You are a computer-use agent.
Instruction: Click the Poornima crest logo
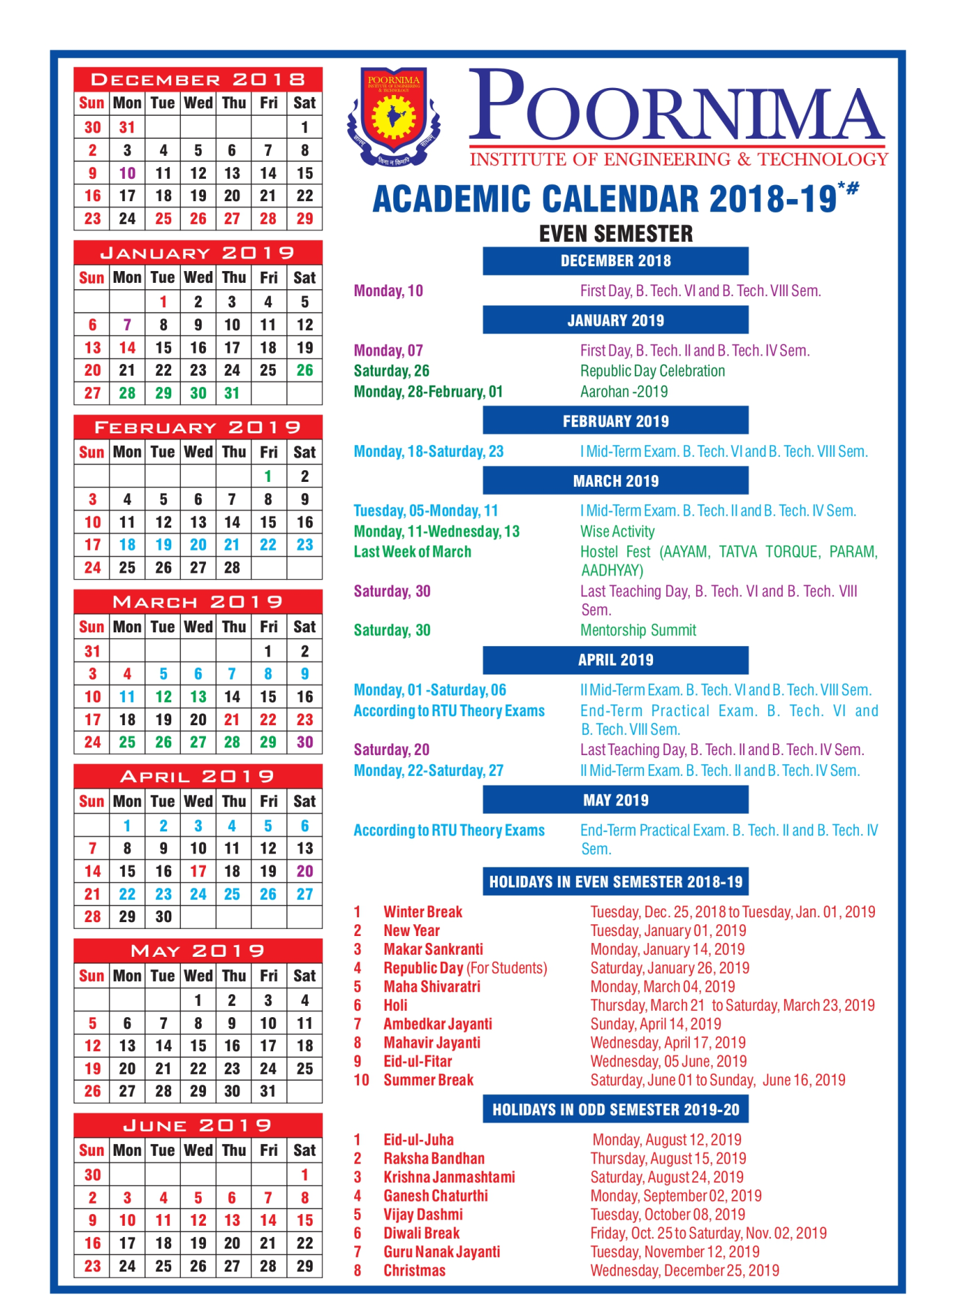pos(393,116)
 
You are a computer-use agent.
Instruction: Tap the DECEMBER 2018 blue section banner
pos(615,261)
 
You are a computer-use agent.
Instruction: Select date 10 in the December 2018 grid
pos(128,173)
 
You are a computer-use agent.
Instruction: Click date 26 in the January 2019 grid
pos(304,370)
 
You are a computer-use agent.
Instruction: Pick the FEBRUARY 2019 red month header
pos(198,428)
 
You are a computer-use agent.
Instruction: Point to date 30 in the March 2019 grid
pos(304,742)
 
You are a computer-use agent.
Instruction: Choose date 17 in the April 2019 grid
pos(198,871)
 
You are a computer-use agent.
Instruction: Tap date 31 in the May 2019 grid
pos(268,1091)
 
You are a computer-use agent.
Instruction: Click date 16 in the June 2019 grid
pos(92,1242)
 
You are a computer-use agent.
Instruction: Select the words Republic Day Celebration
pos(652,371)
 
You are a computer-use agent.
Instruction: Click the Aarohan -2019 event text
pos(624,392)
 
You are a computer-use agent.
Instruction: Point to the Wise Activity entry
pos(617,532)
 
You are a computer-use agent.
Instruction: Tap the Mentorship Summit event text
pos(638,630)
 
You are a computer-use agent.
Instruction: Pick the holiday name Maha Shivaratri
pos(432,987)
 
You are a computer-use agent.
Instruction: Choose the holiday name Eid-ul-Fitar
pos(417,1061)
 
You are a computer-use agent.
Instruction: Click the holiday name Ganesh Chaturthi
pos(435,1196)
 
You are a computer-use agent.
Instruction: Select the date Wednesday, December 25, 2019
pos(684,1270)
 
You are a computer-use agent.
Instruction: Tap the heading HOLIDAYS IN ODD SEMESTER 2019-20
pos(616,1110)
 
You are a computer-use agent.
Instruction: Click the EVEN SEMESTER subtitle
pos(616,234)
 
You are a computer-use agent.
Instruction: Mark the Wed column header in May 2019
pos(198,976)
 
